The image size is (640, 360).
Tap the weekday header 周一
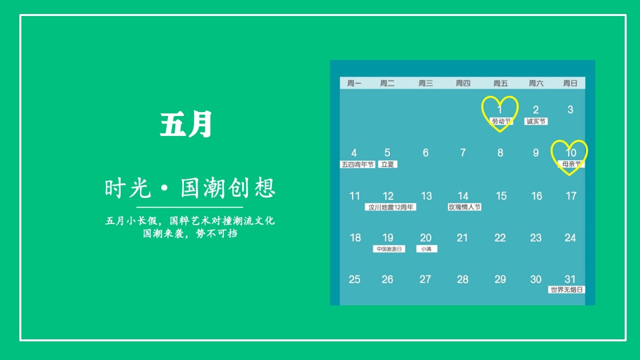click(354, 83)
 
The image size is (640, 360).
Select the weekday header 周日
click(570, 83)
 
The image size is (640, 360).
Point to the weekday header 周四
click(463, 83)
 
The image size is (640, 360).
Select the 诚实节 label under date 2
click(536, 121)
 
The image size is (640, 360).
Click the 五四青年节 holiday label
click(357, 164)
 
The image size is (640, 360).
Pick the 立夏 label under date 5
click(387, 164)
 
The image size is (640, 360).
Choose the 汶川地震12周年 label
click(391, 207)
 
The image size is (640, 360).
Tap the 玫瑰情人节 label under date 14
click(464, 207)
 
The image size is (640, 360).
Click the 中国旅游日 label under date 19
click(389, 249)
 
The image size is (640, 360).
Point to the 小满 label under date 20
click(426, 249)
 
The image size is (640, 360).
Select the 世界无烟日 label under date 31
click(567, 290)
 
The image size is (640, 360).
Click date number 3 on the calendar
click(570, 109)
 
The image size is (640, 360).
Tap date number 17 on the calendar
click(571, 196)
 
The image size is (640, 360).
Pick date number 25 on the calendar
click(355, 279)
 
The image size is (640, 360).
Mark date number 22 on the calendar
click(500, 238)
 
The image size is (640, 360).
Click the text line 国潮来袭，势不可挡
click(190, 234)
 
